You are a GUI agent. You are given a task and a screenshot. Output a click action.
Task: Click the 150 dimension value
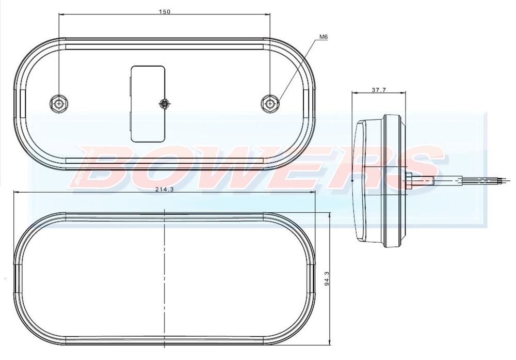tap(165, 11)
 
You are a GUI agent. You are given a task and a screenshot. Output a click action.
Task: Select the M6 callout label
tap(324, 37)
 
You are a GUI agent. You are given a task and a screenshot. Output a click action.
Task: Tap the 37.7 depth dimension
tap(379, 90)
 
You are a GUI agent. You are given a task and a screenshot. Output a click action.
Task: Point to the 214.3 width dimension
tap(164, 190)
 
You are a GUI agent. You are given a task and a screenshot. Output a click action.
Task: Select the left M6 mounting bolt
tap(59, 103)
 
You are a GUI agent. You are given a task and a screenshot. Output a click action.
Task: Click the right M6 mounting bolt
tap(269, 103)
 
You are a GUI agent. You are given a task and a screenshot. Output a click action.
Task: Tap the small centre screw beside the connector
tap(165, 104)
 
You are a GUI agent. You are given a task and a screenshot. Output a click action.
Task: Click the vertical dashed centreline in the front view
tap(164, 279)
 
